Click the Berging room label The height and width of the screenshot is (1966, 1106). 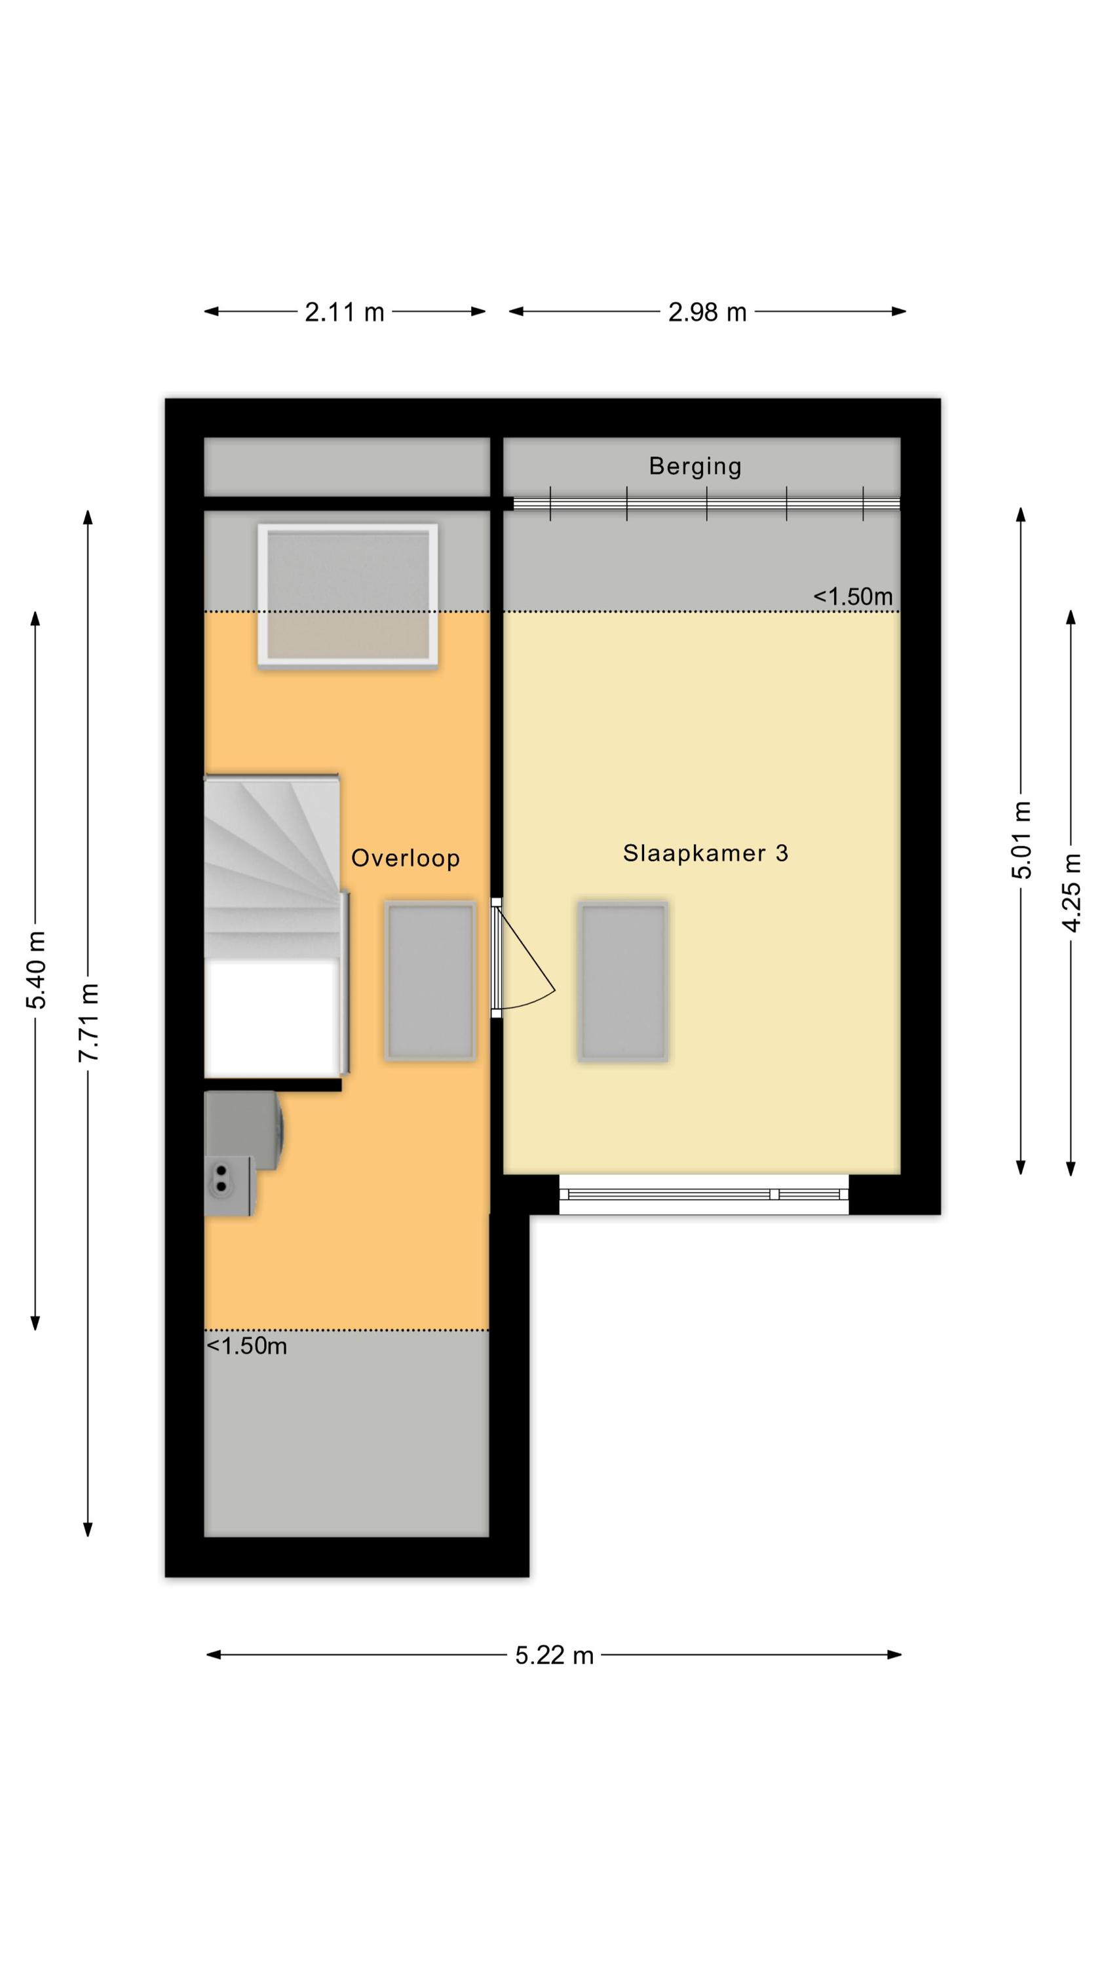695,467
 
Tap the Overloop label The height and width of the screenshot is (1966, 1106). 406,858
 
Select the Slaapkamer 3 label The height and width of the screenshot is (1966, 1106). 705,853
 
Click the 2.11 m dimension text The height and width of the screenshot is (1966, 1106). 344,312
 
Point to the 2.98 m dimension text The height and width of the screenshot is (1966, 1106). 707,312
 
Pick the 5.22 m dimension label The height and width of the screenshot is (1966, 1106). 554,1655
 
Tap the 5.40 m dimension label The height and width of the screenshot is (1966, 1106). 36,969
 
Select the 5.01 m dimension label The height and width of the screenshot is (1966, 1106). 1021,839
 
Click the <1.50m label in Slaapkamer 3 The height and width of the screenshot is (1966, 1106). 852,596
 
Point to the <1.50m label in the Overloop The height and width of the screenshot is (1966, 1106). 246,1345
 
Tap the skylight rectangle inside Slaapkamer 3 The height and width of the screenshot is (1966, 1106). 623,982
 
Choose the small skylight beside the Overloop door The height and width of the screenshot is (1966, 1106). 430,982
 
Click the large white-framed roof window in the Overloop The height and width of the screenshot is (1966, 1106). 348,596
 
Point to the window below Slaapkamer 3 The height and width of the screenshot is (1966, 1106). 704,1195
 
